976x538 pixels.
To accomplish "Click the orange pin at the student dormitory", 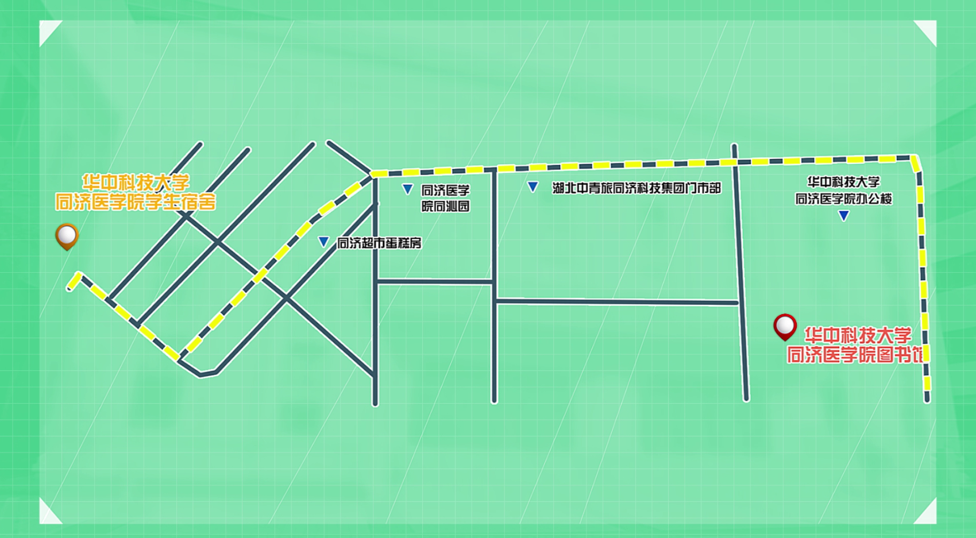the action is coord(67,235).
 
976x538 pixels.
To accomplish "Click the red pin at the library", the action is coord(785,326).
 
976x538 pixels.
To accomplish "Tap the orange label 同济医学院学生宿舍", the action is coord(136,202).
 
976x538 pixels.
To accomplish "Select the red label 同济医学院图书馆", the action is coord(855,354).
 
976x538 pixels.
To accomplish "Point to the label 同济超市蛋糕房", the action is coord(379,243).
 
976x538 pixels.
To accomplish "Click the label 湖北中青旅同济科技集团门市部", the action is coord(636,188).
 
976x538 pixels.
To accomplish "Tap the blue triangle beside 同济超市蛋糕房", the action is coord(323,242).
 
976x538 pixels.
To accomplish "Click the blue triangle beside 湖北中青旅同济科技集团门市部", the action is coord(533,187).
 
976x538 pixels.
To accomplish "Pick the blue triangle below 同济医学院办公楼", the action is coord(843,216).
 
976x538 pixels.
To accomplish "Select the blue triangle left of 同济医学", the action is coord(407,189).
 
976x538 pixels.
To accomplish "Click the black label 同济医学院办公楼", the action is coord(843,199).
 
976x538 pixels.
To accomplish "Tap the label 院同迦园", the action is coord(445,206).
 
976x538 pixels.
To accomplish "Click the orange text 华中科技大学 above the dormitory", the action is coord(136,183).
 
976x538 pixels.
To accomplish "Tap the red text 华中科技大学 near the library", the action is coord(858,335).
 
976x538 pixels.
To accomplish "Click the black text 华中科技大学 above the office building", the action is coord(843,182).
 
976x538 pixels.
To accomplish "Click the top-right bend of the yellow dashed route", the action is coord(915,158).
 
